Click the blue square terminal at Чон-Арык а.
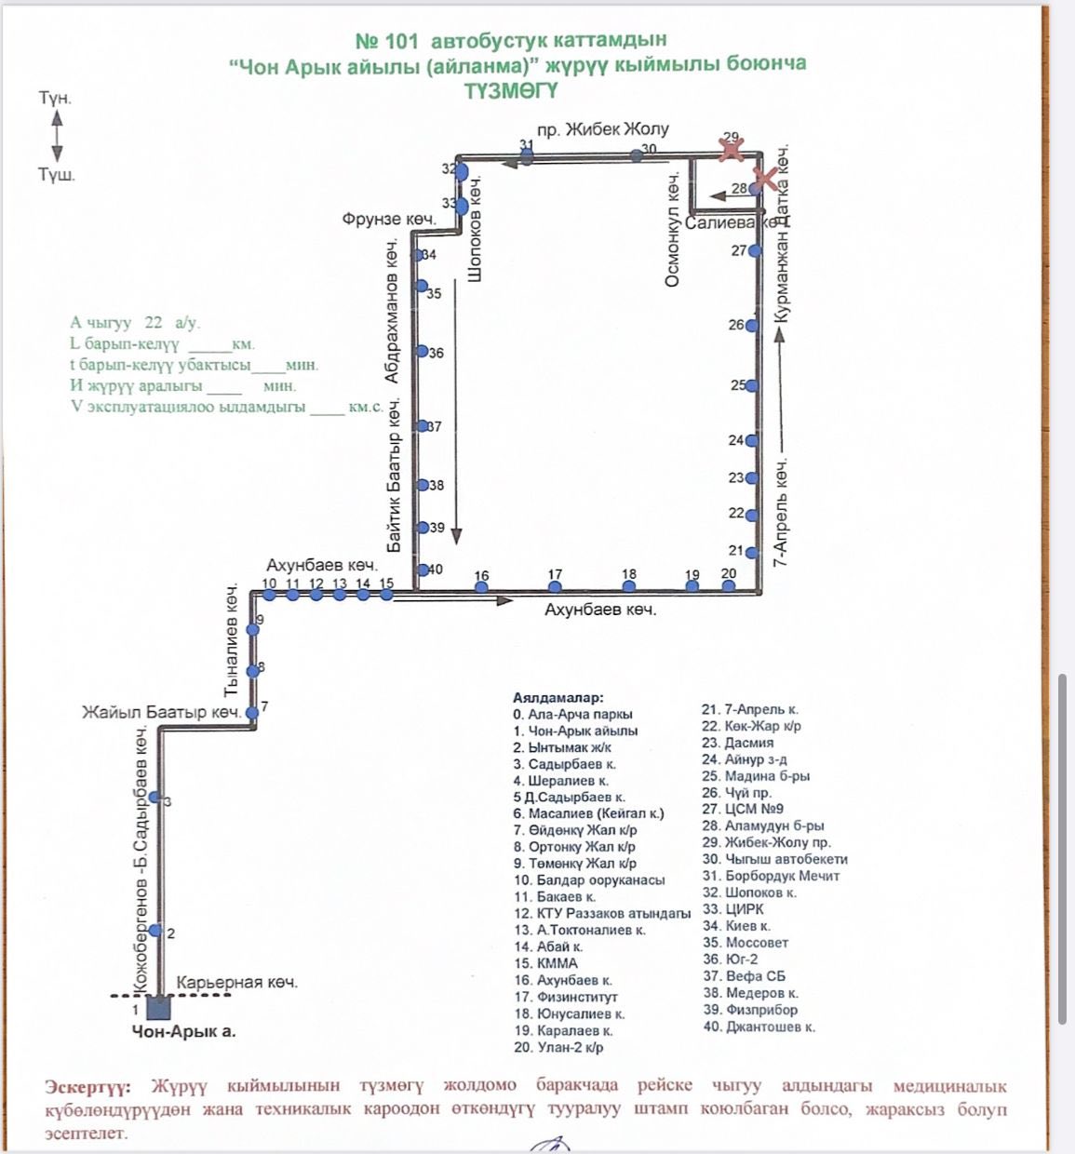pos(158,1008)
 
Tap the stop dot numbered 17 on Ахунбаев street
pos(555,586)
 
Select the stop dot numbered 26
pos(752,326)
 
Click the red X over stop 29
pos(732,147)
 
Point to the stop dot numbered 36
pos(422,352)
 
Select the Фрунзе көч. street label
pos(389,220)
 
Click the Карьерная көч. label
pos(236,983)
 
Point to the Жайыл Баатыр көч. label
pos(162,713)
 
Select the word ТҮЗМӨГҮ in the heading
pos(510,90)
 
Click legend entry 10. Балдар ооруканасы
pos(589,879)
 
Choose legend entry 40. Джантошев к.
pos(759,1027)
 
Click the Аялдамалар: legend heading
pos(558,697)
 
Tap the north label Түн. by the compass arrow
pos(55,98)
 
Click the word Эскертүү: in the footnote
pos(88,1086)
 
